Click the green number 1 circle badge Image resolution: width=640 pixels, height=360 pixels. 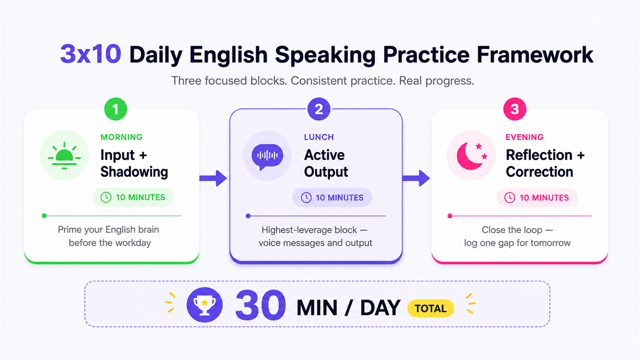pyautogui.click(x=116, y=109)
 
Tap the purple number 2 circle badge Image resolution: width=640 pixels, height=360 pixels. pyautogui.click(x=319, y=109)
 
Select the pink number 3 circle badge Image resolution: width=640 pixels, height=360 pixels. pyautogui.click(x=515, y=109)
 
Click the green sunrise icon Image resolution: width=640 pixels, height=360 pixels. pyautogui.click(x=64, y=156)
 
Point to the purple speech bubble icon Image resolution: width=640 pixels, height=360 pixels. pyautogui.click(x=267, y=156)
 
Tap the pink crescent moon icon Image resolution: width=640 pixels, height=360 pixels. pyautogui.click(x=472, y=156)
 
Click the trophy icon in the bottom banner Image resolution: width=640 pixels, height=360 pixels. pyautogui.click(x=204, y=305)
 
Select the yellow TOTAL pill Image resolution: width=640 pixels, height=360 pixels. pyautogui.click(x=430, y=308)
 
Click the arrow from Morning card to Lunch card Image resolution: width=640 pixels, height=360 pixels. pyautogui.click(x=213, y=178)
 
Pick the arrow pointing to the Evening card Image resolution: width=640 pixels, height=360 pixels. pyautogui.click(x=416, y=178)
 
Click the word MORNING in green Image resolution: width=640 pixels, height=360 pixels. pyautogui.click(x=122, y=137)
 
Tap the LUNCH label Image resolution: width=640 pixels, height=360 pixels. pyautogui.click(x=319, y=137)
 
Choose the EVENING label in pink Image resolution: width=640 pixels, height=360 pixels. pyautogui.click(x=524, y=137)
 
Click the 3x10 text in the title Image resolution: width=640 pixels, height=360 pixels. pyautogui.click(x=90, y=54)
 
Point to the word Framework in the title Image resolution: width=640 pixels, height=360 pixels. pyautogui.click(x=535, y=54)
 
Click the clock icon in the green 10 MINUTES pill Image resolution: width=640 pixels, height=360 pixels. pyautogui.click(x=106, y=197)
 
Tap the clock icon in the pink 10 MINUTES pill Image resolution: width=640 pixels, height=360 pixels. pyautogui.click(x=510, y=198)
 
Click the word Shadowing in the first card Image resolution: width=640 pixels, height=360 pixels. pyautogui.click(x=134, y=172)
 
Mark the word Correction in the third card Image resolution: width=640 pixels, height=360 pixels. pyautogui.click(x=540, y=172)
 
